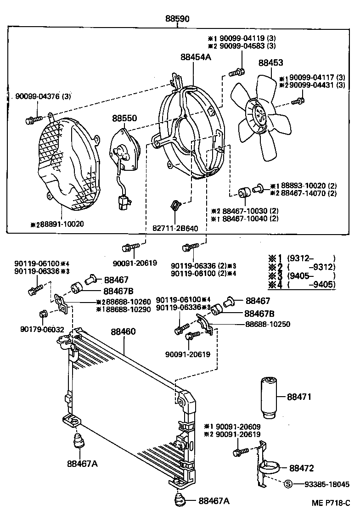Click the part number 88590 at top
pyautogui.click(x=177, y=19)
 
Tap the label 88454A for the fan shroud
pyautogui.click(x=196, y=57)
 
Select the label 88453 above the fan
pyautogui.click(x=270, y=63)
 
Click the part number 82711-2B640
pyautogui.click(x=176, y=228)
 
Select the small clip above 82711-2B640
pyautogui.click(x=174, y=206)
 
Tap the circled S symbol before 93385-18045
pyautogui.click(x=288, y=484)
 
